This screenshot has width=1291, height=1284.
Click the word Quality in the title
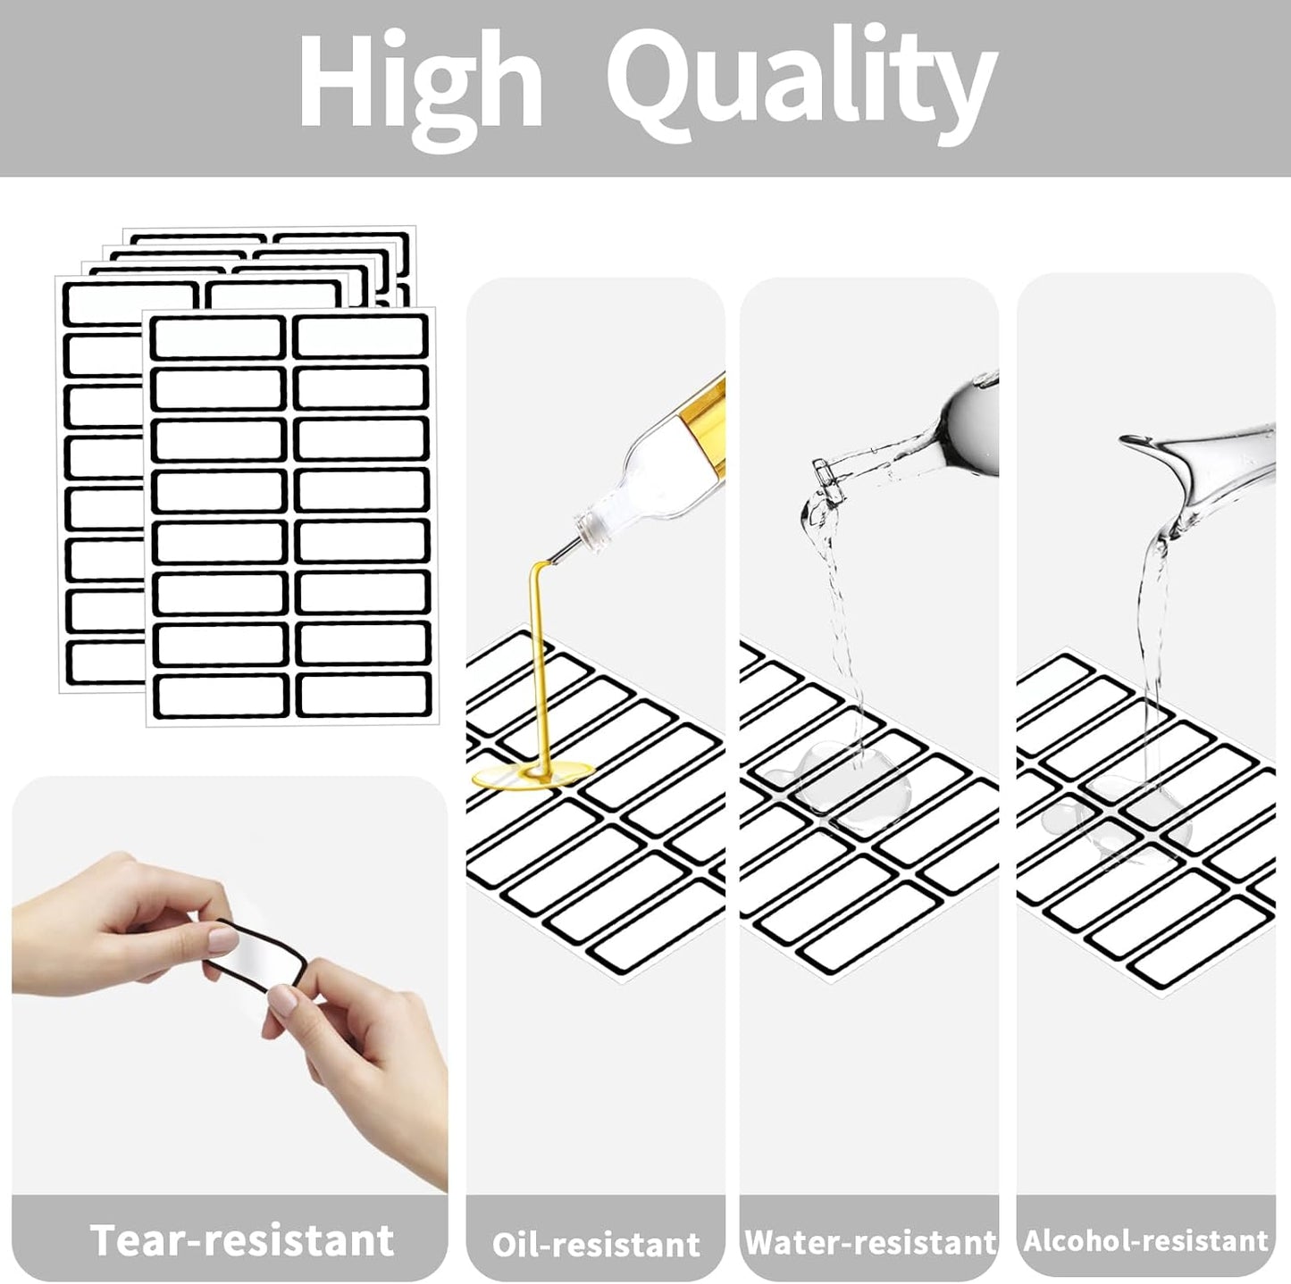[802, 84]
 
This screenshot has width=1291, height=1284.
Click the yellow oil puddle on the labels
[533, 774]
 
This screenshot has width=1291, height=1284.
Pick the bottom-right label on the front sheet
[363, 696]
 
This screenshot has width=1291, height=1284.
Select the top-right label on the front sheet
[360, 336]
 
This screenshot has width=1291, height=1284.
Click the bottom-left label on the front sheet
[221, 696]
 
